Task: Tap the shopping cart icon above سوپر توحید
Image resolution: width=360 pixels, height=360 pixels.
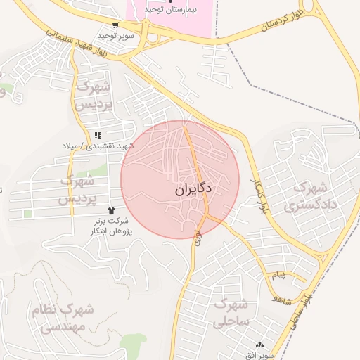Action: pos(116,25)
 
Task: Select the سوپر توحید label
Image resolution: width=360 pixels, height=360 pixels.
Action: pos(115,35)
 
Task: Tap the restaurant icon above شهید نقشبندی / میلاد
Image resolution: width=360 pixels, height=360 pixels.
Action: pos(98,135)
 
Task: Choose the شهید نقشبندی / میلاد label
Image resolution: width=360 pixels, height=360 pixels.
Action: pos(97,146)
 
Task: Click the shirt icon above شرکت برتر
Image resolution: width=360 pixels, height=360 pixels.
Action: pos(110,210)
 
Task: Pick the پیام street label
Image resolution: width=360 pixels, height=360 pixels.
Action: pos(279,274)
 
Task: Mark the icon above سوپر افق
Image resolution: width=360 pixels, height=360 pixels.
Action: pos(261,345)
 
